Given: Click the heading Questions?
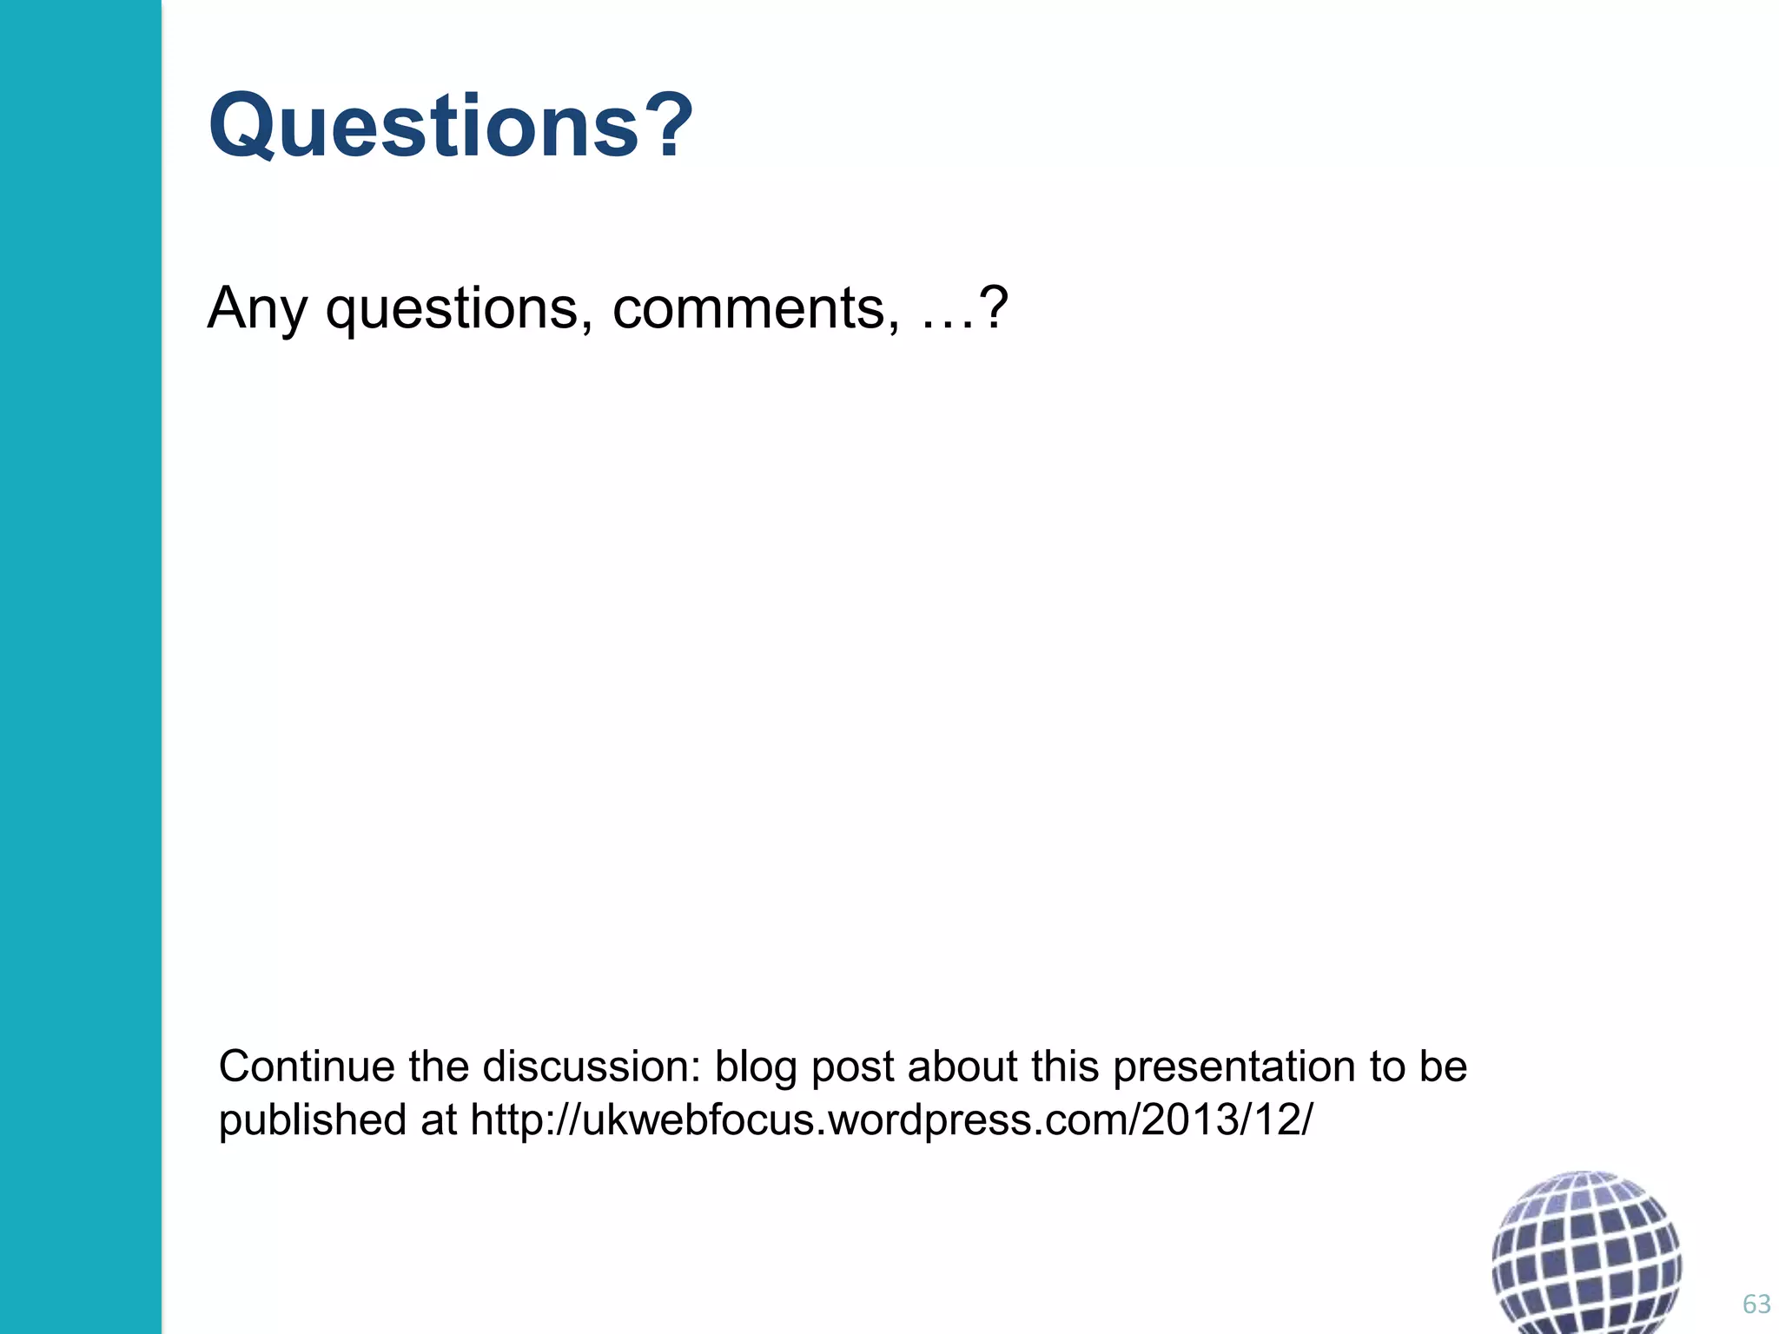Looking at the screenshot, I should point(451,127).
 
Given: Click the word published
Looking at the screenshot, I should point(312,1120).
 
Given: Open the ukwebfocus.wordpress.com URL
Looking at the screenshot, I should point(891,1120).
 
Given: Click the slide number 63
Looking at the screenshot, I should point(1756,1304).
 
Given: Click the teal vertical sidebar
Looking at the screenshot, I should point(80,667).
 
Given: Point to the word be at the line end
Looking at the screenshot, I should point(1443,1067).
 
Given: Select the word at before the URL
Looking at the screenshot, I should point(439,1120).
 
